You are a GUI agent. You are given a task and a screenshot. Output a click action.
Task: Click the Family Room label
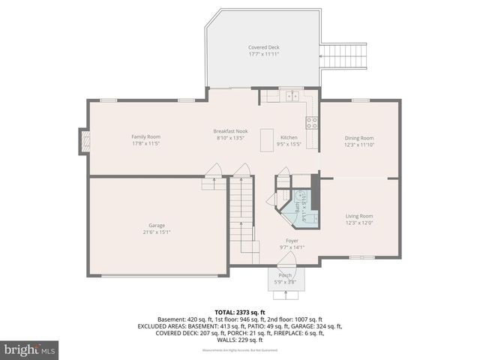[146, 136]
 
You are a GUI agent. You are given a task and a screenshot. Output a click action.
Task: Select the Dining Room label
[358, 138]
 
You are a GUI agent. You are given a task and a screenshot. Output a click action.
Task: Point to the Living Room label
[358, 216]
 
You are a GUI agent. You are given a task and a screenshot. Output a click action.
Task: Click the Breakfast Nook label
[230, 132]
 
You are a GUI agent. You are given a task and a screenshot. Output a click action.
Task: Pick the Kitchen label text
[289, 138]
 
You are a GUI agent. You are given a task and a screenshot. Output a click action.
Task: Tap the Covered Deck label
[263, 48]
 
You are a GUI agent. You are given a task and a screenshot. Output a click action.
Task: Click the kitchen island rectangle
[266, 140]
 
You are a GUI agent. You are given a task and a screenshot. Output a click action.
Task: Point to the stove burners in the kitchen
[311, 123]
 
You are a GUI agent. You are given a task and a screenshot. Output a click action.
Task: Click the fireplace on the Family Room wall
[85, 140]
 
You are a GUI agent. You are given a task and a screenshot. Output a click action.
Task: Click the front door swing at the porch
[286, 259]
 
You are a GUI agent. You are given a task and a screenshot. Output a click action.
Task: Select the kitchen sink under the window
[289, 97]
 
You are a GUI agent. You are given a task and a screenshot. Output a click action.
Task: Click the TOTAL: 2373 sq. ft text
[240, 312]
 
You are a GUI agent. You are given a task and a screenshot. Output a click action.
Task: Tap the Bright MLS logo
[29, 349]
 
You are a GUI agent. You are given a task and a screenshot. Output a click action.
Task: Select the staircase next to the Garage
[241, 217]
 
